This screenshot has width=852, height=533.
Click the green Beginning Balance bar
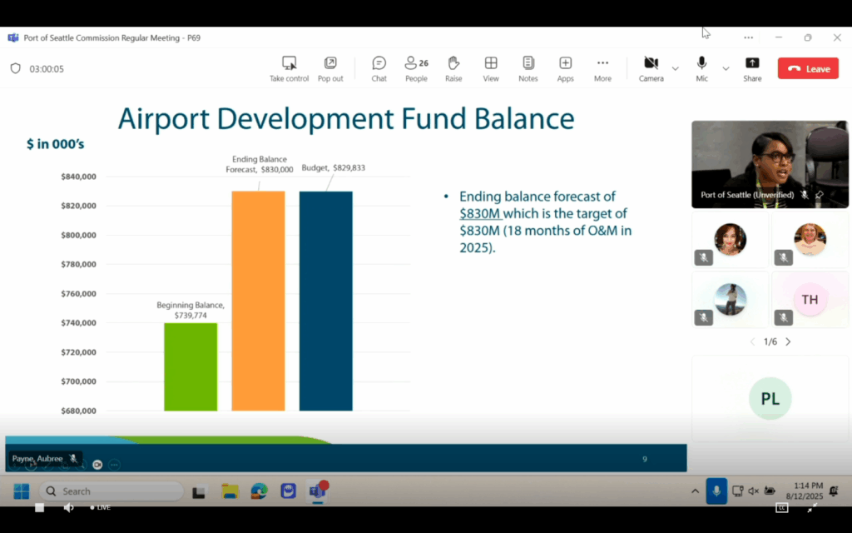click(x=191, y=366)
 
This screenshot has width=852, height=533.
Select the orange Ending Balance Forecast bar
click(x=258, y=301)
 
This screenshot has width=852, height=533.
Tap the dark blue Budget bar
click(x=326, y=301)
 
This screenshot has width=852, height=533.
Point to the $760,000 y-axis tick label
click(x=78, y=294)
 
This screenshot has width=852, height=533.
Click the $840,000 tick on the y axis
click(x=78, y=177)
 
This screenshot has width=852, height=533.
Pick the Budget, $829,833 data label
click(x=333, y=168)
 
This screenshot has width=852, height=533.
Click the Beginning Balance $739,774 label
click(x=191, y=310)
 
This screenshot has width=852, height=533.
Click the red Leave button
click(x=808, y=68)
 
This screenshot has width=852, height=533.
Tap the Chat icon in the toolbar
click(x=379, y=63)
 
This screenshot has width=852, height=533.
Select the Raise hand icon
click(x=453, y=63)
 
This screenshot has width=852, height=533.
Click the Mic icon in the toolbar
click(x=701, y=63)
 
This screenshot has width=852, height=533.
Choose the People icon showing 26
click(x=416, y=63)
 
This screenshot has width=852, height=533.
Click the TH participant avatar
click(x=810, y=299)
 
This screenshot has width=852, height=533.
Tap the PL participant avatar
click(x=770, y=398)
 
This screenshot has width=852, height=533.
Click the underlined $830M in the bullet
click(x=479, y=213)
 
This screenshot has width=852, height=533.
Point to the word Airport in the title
click(x=164, y=118)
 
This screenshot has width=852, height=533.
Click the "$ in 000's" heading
click(x=56, y=144)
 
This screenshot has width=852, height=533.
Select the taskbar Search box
click(x=111, y=491)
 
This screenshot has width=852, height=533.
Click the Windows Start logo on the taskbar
click(x=22, y=491)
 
